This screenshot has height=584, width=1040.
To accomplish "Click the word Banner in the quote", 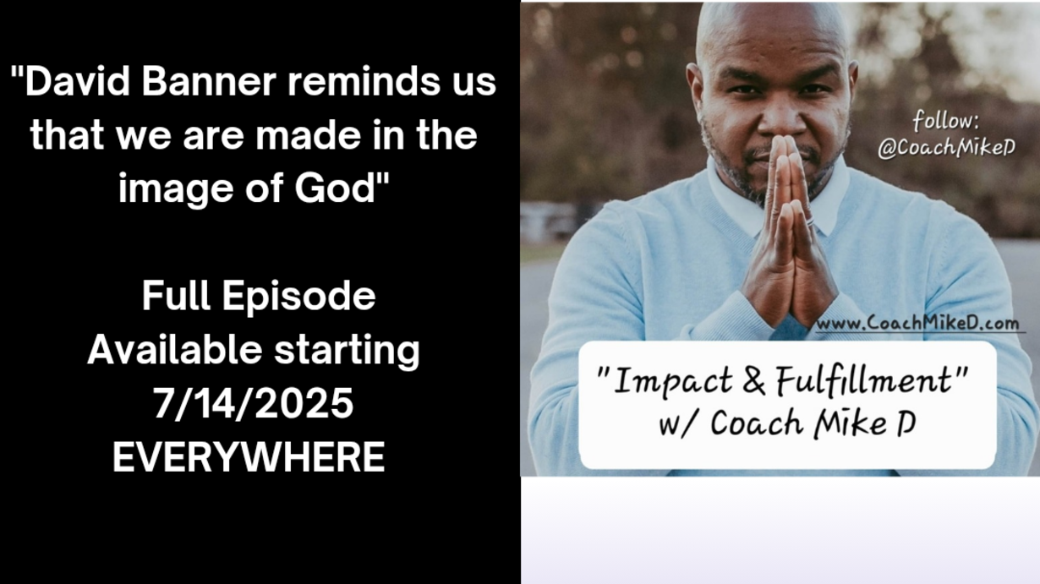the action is (x=209, y=82).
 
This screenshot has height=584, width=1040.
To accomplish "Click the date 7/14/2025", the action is (x=254, y=403).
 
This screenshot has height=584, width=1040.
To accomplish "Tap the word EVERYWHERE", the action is (x=249, y=457).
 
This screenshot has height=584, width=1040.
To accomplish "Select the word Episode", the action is (x=298, y=298).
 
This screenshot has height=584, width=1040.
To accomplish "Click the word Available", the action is (x=175, y=350).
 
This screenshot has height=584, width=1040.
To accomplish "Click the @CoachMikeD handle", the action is (x=946, y=148).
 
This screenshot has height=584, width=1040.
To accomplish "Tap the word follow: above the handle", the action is (x=946, y=121).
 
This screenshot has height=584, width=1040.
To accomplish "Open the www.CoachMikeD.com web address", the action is (x=917, y=324).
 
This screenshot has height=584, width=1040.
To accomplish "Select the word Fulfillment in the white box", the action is (x=863, y=379).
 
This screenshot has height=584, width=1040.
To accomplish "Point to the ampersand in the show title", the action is (x=754, y=380).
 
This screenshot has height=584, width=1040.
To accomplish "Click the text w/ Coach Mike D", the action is (x=787, y=423).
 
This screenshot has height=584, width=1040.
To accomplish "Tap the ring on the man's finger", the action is (x=811, y=222).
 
